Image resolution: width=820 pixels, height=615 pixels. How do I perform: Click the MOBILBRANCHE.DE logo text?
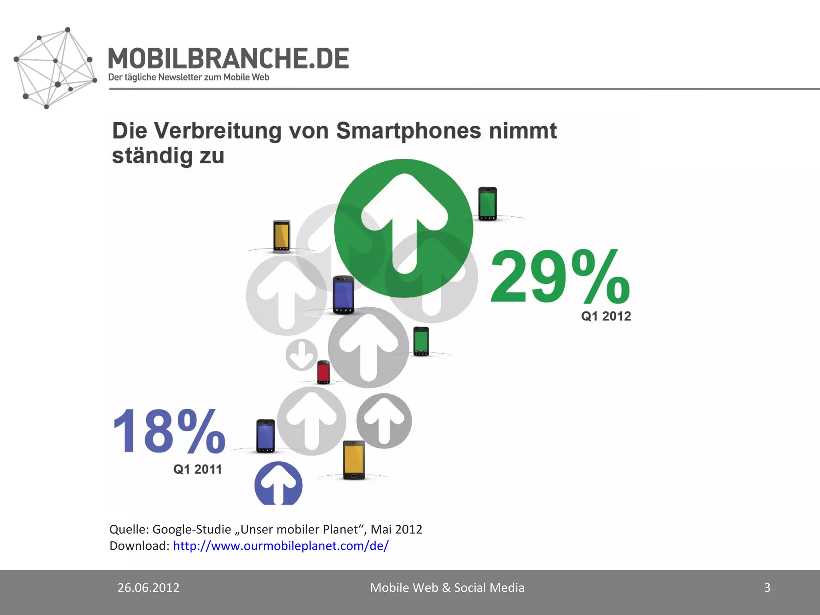pos(228,59)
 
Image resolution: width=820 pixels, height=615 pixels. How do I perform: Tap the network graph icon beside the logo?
pos(55,68)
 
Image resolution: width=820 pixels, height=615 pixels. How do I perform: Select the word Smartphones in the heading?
pos(408,131)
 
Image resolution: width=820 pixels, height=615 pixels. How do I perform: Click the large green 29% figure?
pos(560,276)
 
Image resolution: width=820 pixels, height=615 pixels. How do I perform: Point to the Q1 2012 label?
pos(606,316)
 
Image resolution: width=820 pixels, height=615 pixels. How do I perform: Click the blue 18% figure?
pos(169,432)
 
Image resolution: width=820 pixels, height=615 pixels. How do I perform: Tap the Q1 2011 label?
pos(197,469)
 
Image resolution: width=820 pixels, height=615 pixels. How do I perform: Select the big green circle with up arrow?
pos(404,228)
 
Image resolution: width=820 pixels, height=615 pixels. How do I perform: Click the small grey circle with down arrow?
pos(301,355)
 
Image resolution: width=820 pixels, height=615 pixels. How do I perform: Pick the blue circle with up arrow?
pos(278,484)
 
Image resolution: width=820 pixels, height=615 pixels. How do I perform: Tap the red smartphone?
pos(324,372)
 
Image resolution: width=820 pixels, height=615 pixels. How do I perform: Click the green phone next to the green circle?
pos(488,204)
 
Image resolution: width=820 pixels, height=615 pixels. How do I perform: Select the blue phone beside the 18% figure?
pos(265,436)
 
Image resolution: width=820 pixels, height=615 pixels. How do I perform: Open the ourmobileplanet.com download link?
pos(281,546)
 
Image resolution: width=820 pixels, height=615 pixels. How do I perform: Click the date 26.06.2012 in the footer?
pos(148,587)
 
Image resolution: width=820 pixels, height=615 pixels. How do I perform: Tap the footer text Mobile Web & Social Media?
pos(447,587)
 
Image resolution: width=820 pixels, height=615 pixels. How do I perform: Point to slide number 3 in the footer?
pos(767,587)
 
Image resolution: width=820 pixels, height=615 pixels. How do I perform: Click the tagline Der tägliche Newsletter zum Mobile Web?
pos(189,77)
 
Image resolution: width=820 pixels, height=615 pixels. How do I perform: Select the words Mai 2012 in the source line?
pos(396,529)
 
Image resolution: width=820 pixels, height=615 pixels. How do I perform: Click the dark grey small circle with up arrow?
pos(384,421)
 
